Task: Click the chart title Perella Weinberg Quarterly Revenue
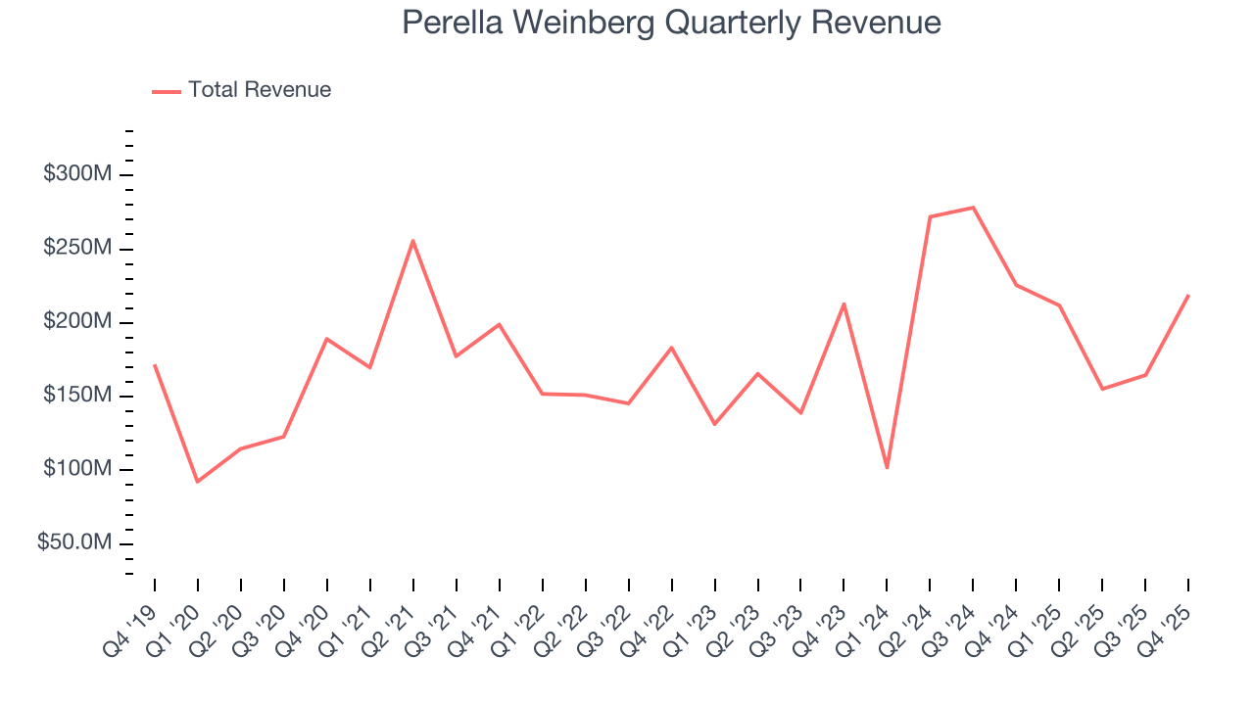click(671, 23)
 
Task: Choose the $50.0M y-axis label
click(73, 543)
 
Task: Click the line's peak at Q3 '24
click(973, 208)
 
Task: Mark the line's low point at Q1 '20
click(198, 481)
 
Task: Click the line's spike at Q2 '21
click(413, 241)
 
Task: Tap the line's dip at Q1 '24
click(887, 467)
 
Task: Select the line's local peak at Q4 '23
click(844, 304)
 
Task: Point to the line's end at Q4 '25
click(1187, 295)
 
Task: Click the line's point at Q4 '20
click(326, 339)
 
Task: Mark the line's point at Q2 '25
click(1102, 389)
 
